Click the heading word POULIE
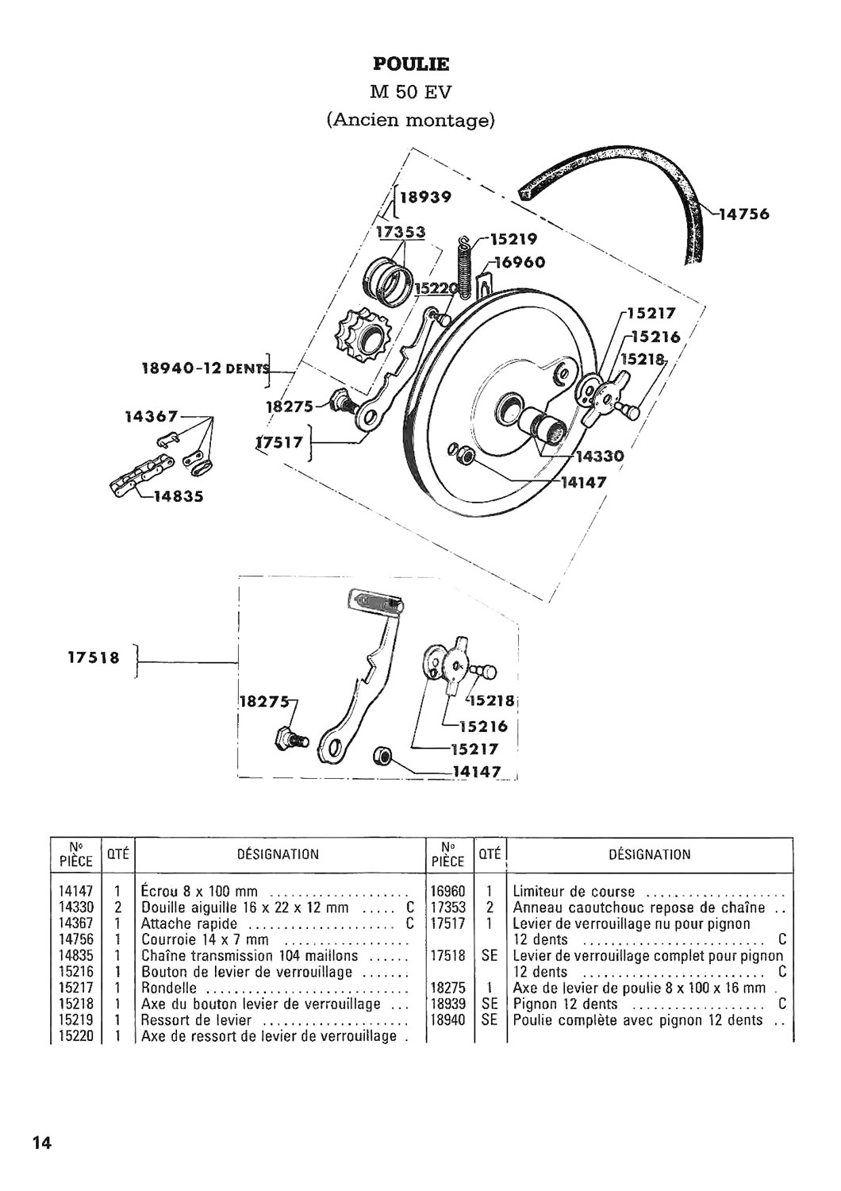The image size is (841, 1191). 411,64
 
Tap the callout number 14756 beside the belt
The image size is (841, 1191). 743,214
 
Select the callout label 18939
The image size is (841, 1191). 425,197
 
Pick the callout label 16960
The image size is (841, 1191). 520,262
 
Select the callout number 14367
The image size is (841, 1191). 151,416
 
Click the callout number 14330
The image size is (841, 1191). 600,457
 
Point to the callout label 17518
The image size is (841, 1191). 94,657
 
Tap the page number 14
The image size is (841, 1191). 42,1140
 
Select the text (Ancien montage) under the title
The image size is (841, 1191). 411,120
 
